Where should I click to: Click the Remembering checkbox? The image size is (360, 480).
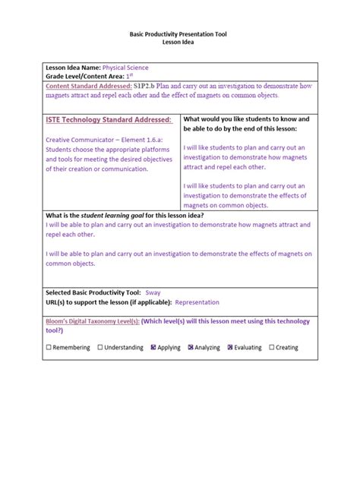click(49, 348)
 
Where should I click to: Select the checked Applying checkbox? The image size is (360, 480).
click(153, 348)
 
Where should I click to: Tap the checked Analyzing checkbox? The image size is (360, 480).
click(199, 348)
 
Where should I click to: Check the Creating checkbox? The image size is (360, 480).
click(271, 348)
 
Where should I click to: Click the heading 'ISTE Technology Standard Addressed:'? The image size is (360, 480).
click(109, 120)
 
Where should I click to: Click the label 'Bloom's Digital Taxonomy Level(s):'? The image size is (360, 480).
click(92, 321)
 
